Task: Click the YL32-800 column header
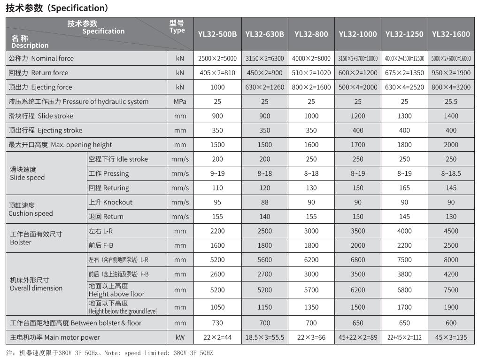tap(311, 34)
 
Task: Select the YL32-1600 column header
tap(451, 34)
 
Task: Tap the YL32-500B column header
tap(217, 34)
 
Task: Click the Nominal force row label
tap(41, 58)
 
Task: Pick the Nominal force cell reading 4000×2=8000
tap(311, 58)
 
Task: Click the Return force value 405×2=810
tap(217, 73)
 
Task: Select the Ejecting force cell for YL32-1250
tap(404, 87)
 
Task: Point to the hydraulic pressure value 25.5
tap(451, 102)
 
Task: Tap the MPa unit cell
tap(180, 102)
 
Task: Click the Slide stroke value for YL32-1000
tap(358, 116)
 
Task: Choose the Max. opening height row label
tap(60, 145)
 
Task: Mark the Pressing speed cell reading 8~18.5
tap(451, 173)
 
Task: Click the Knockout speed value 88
tap(264, 202)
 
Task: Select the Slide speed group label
tap(27, 173)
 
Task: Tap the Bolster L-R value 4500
tap(451, 231)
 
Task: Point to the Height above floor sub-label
tap(116, 290)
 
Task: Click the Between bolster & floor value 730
tap(217, 323)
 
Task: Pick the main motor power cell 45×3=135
tap(451, 337)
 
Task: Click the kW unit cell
tap(180, 337)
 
